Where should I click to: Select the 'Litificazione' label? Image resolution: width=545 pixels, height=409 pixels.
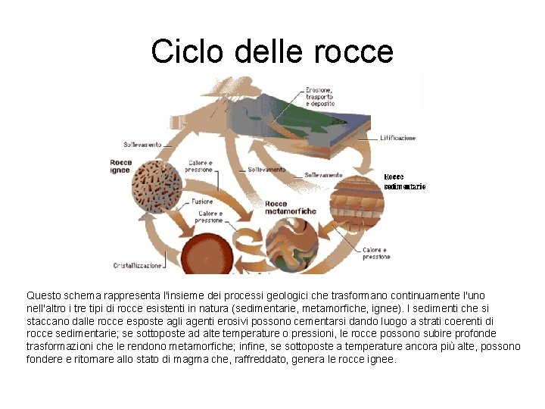point(398,139)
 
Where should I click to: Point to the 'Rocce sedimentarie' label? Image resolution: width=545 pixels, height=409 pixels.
point(404,181)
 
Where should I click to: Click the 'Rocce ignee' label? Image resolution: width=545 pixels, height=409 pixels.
point(121,167)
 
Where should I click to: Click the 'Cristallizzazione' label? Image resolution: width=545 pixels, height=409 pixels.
point(138,265)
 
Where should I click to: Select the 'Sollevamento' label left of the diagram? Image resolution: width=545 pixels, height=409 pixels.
point(143,144)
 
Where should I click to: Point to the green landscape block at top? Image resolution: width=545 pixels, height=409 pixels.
point(325,125)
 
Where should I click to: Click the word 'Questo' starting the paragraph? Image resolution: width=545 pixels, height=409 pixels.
point(43,295)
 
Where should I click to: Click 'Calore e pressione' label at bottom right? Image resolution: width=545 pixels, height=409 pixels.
point(376,253)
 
